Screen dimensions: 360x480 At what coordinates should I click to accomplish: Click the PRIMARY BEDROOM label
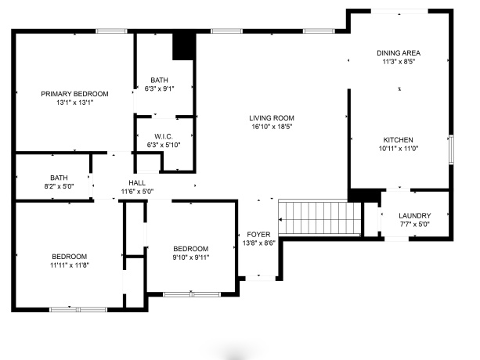pyautogui.click(x=75, y=93)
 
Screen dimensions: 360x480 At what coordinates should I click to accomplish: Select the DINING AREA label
pyautogui.click(x=399, y=52)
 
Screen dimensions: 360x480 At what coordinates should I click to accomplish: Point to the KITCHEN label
pyautogui.click(x=399, y=139)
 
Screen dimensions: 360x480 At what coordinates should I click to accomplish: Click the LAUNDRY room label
pyautogui.click(x=414, y=216)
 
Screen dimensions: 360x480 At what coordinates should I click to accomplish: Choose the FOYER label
pyautogui.click(x=259, y=234)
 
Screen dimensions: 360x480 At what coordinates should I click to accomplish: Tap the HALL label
pyautogui.click(x=137, y=182)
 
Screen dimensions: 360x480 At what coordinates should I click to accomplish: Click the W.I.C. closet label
pyautogui.click(x=163, y=136)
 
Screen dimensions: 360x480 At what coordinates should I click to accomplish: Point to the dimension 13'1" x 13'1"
pyautogui.click(x=75, y=102)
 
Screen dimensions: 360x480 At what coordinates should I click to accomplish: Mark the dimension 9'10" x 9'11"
pyautogui.click(x=190, y=257)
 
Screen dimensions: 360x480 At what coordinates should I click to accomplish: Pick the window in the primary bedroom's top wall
pyautogui.click(x=112, y=31)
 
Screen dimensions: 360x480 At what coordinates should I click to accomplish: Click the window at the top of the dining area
pyautogui.click(x=399, y=11)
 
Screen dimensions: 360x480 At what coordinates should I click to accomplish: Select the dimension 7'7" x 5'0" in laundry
pyautogui.click(x=414, y=225)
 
